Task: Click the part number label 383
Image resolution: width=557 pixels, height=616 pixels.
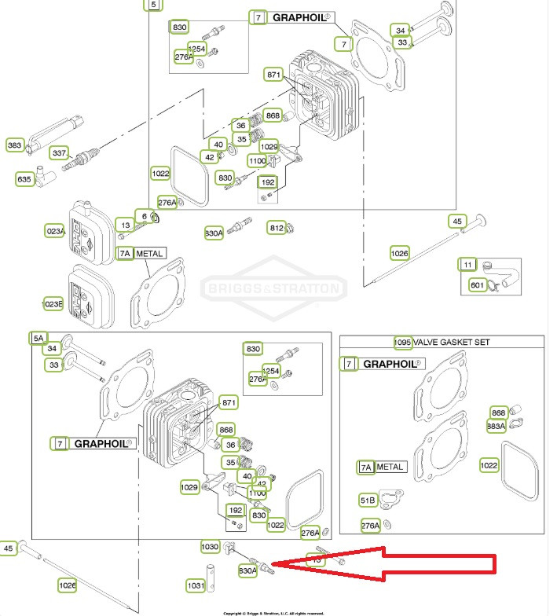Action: point(14,145)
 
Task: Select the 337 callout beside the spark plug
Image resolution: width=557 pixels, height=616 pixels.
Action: point(59,152)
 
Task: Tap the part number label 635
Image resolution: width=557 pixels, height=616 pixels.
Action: point(24,179)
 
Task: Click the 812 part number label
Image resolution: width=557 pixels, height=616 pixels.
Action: point(277,228)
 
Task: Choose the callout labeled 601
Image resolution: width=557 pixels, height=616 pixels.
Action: point(477,284)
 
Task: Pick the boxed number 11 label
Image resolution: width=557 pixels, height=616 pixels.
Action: point(468,264)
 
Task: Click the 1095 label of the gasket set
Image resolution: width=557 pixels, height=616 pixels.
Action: point(403,343)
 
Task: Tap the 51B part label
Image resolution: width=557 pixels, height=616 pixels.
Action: point(368,500)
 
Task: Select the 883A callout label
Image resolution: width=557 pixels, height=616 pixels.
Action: point(496,425)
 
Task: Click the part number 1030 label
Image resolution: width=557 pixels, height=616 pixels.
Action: point(210,546)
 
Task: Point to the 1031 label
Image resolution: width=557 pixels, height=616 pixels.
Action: point(196,585)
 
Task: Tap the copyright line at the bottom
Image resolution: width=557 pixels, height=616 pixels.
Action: point(275,612)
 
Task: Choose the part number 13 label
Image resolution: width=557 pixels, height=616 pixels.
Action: point(124,225)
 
